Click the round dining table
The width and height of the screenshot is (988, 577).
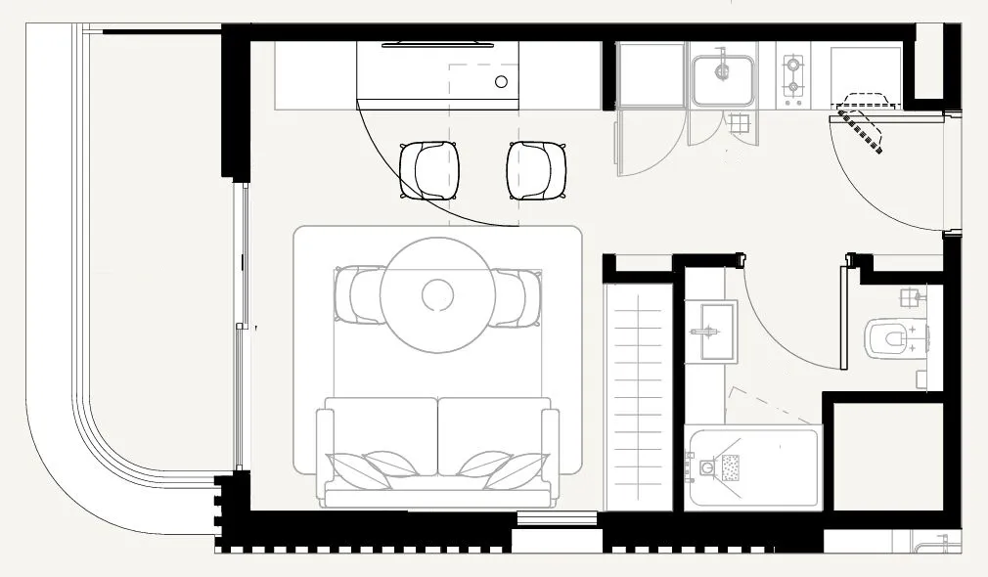coord(437,293)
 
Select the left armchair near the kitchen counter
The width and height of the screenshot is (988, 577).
coord(429,171)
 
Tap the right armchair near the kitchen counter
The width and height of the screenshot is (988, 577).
coord(536,171)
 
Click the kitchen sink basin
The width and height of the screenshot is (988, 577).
coord(723,79)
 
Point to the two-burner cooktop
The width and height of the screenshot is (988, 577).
coord(793,77)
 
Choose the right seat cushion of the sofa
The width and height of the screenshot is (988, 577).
coord(494,435)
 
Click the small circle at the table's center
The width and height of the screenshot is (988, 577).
coord(437,293)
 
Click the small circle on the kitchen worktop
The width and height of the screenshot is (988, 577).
coord(501,82)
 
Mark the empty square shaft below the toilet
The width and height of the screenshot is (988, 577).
coord(886,455)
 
